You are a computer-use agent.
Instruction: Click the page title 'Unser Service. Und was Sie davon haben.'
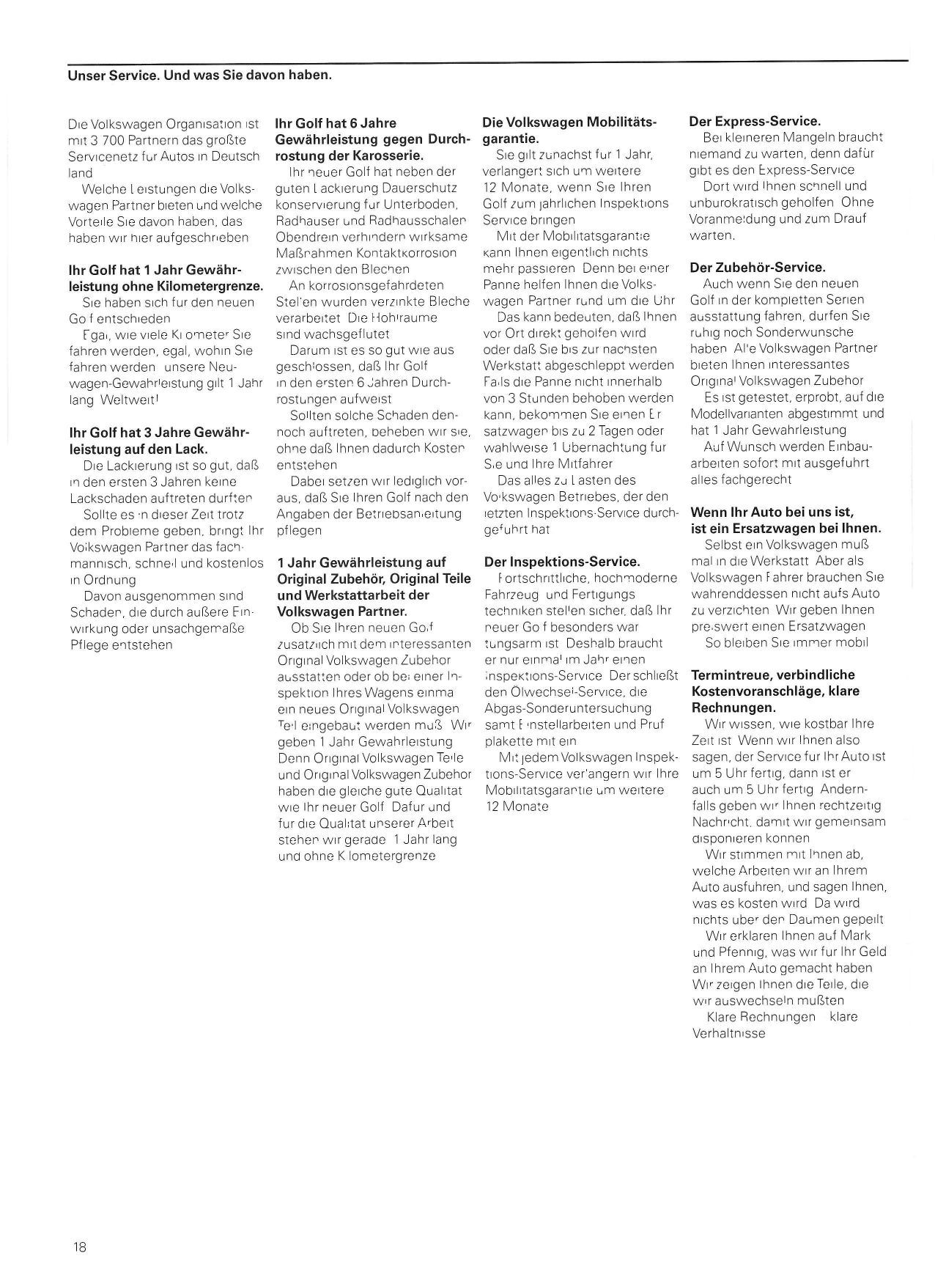[199, 75]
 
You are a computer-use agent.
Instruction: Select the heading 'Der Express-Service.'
[755, 121]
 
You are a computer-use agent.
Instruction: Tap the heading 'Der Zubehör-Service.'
[758, 268]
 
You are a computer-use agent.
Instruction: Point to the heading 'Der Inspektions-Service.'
[562, 562]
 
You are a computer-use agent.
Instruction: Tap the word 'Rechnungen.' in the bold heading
[733, 708]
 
